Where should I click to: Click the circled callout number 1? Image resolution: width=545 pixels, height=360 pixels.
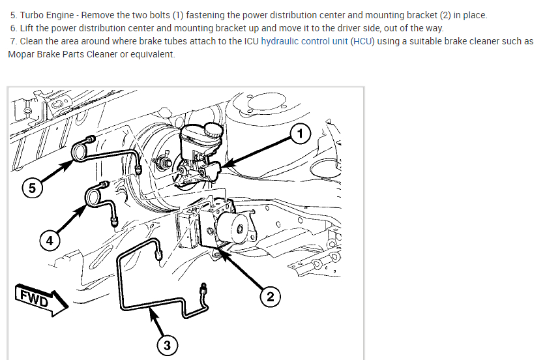pos(300,134)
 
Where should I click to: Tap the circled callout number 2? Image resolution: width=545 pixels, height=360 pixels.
pos(271,297)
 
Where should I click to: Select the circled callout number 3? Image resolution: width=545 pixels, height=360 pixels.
pos(167,346)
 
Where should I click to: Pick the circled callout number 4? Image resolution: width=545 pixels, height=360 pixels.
pos(50,241)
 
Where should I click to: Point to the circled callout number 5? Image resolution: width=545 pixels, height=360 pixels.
pos(32,188)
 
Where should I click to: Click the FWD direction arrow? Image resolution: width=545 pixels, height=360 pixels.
pos(42,299)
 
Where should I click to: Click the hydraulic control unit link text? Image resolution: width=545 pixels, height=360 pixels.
pos(304,41)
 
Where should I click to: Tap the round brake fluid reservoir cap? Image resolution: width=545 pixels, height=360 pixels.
pos(213,129)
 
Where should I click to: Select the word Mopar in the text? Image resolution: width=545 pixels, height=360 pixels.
pos(20,55)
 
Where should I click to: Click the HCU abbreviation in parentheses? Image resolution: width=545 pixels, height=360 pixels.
pos(362,41)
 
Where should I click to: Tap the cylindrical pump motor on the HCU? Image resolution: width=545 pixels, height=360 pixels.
pos(234,227)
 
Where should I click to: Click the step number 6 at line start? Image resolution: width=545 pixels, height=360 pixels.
pos(14,28)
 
